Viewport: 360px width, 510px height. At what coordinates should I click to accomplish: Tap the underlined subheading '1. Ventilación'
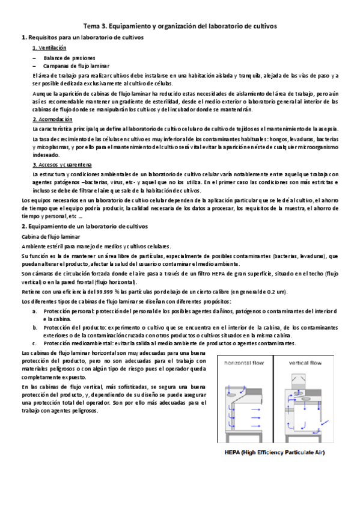click(x=49, y=48)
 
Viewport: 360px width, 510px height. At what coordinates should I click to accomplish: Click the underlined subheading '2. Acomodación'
click(x=52, y=120)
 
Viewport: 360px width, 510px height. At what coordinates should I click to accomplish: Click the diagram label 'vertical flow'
click(x=305, y=363)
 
